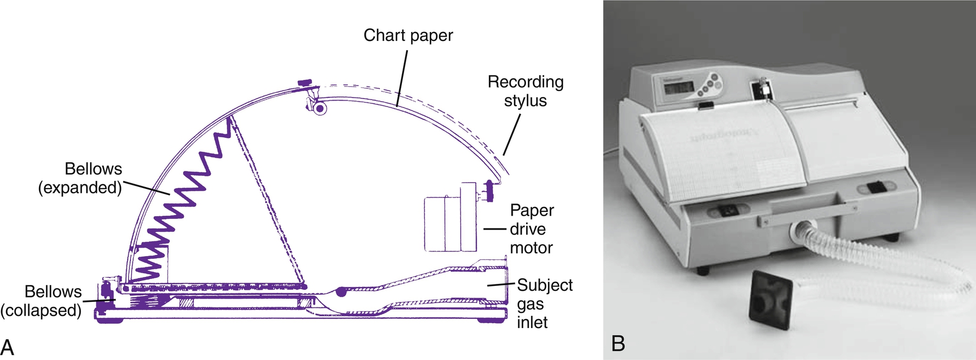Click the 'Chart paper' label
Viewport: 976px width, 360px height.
[408, 36]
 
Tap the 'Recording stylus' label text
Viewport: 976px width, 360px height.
[526, 91]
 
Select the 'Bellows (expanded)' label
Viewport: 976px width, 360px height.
[80, 178]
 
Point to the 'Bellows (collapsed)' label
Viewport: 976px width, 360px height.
[42, 301]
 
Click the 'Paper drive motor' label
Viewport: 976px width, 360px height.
[531, 229]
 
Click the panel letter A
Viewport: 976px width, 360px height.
[7, 347]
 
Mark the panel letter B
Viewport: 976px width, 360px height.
[618, 343]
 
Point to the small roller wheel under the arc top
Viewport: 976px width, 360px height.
[319, 109]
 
